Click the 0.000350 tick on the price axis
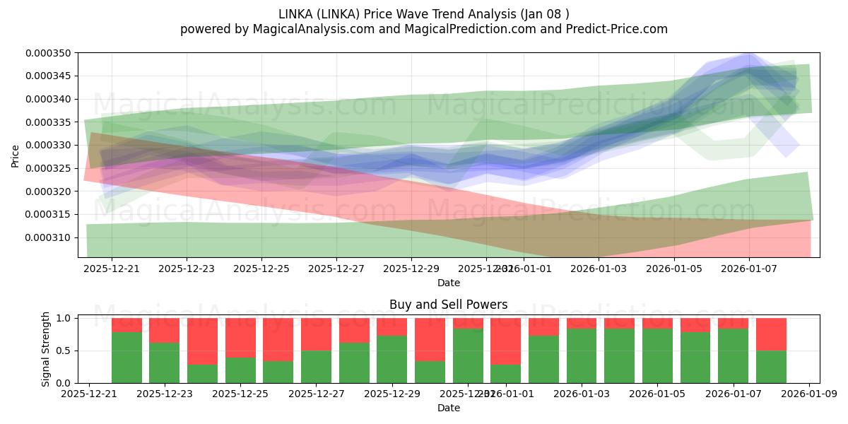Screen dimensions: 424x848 click(51, 53)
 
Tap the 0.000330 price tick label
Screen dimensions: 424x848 click(51, 145)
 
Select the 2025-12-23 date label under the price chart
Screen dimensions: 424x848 click(187, 269)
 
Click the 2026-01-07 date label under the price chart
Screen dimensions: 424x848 click(749, 269)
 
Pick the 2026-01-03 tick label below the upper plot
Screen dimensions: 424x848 click(599, 269)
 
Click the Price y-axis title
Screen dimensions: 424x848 click(16, 155)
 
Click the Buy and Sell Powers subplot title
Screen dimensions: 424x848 click(448, 305)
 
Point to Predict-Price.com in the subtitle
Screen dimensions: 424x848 click(612, 29)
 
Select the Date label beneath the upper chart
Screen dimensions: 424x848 click(448, 283)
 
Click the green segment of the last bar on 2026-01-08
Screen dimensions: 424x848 click(771, 367)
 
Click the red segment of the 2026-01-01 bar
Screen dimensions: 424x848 click(505, 341)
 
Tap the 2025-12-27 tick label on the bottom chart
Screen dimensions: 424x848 click(316, 394)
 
